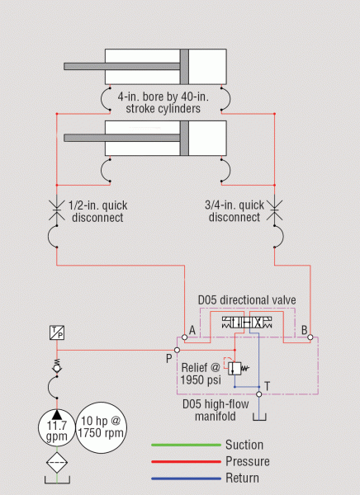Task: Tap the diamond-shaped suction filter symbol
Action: pyautogui.click(x=57, y=463)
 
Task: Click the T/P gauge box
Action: pyautogui.click(x=57, y=332)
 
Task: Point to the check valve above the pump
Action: pyautogui.click(x=57, y=368)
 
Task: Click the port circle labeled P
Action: pyautogui.click(x=177, y=350)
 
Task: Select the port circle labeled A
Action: pyautogui.click(x=185, y=337)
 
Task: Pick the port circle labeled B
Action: pyautogui.click(x=310, y=337)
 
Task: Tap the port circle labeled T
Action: pyautogui.click(x=259, y=394)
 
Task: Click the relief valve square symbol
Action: pyautogui.click(x=234, y=369)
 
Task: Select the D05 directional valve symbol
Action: pyautogui.click(x=247, y=323)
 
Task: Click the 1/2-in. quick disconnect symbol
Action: pyautogui.click(x=57, y=210)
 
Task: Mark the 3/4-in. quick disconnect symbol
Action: pyautogui.click(x=274, y=210)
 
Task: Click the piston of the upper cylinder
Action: pyautogui.click(x=185, y=67)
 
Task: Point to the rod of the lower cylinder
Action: pyautogui.click(x=122, y=138)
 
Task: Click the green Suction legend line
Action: pyautogui.click(x=186, y=445)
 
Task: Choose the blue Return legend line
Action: pyautogui.click(x=186, y=478)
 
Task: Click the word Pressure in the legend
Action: pyautogui.click(x=248, y=461)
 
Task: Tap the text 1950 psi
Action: pyautogui.click(x=201, y=379)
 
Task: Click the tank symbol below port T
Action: pyautogui.click(x=259, y=417)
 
